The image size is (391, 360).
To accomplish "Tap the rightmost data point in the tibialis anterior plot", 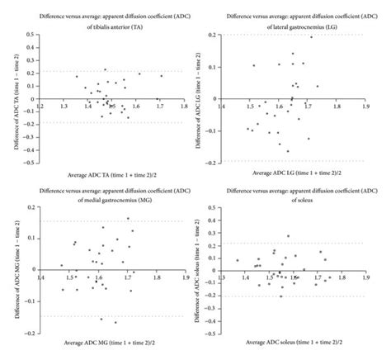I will pyautogui.click(x=162, y=76).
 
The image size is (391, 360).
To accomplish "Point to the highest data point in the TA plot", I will pyautogui.click(x=105, y=70).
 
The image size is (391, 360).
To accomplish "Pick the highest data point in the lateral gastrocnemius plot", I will pyautogui.click(x=311, y=37).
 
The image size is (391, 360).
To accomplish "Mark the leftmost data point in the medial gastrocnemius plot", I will pyautogui.click(x=61, y=265).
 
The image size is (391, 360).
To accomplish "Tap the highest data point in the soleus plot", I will pyautogui.click(x=288, y=236).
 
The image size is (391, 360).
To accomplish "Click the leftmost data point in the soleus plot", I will pyautogui.click(x=238, y=260).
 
